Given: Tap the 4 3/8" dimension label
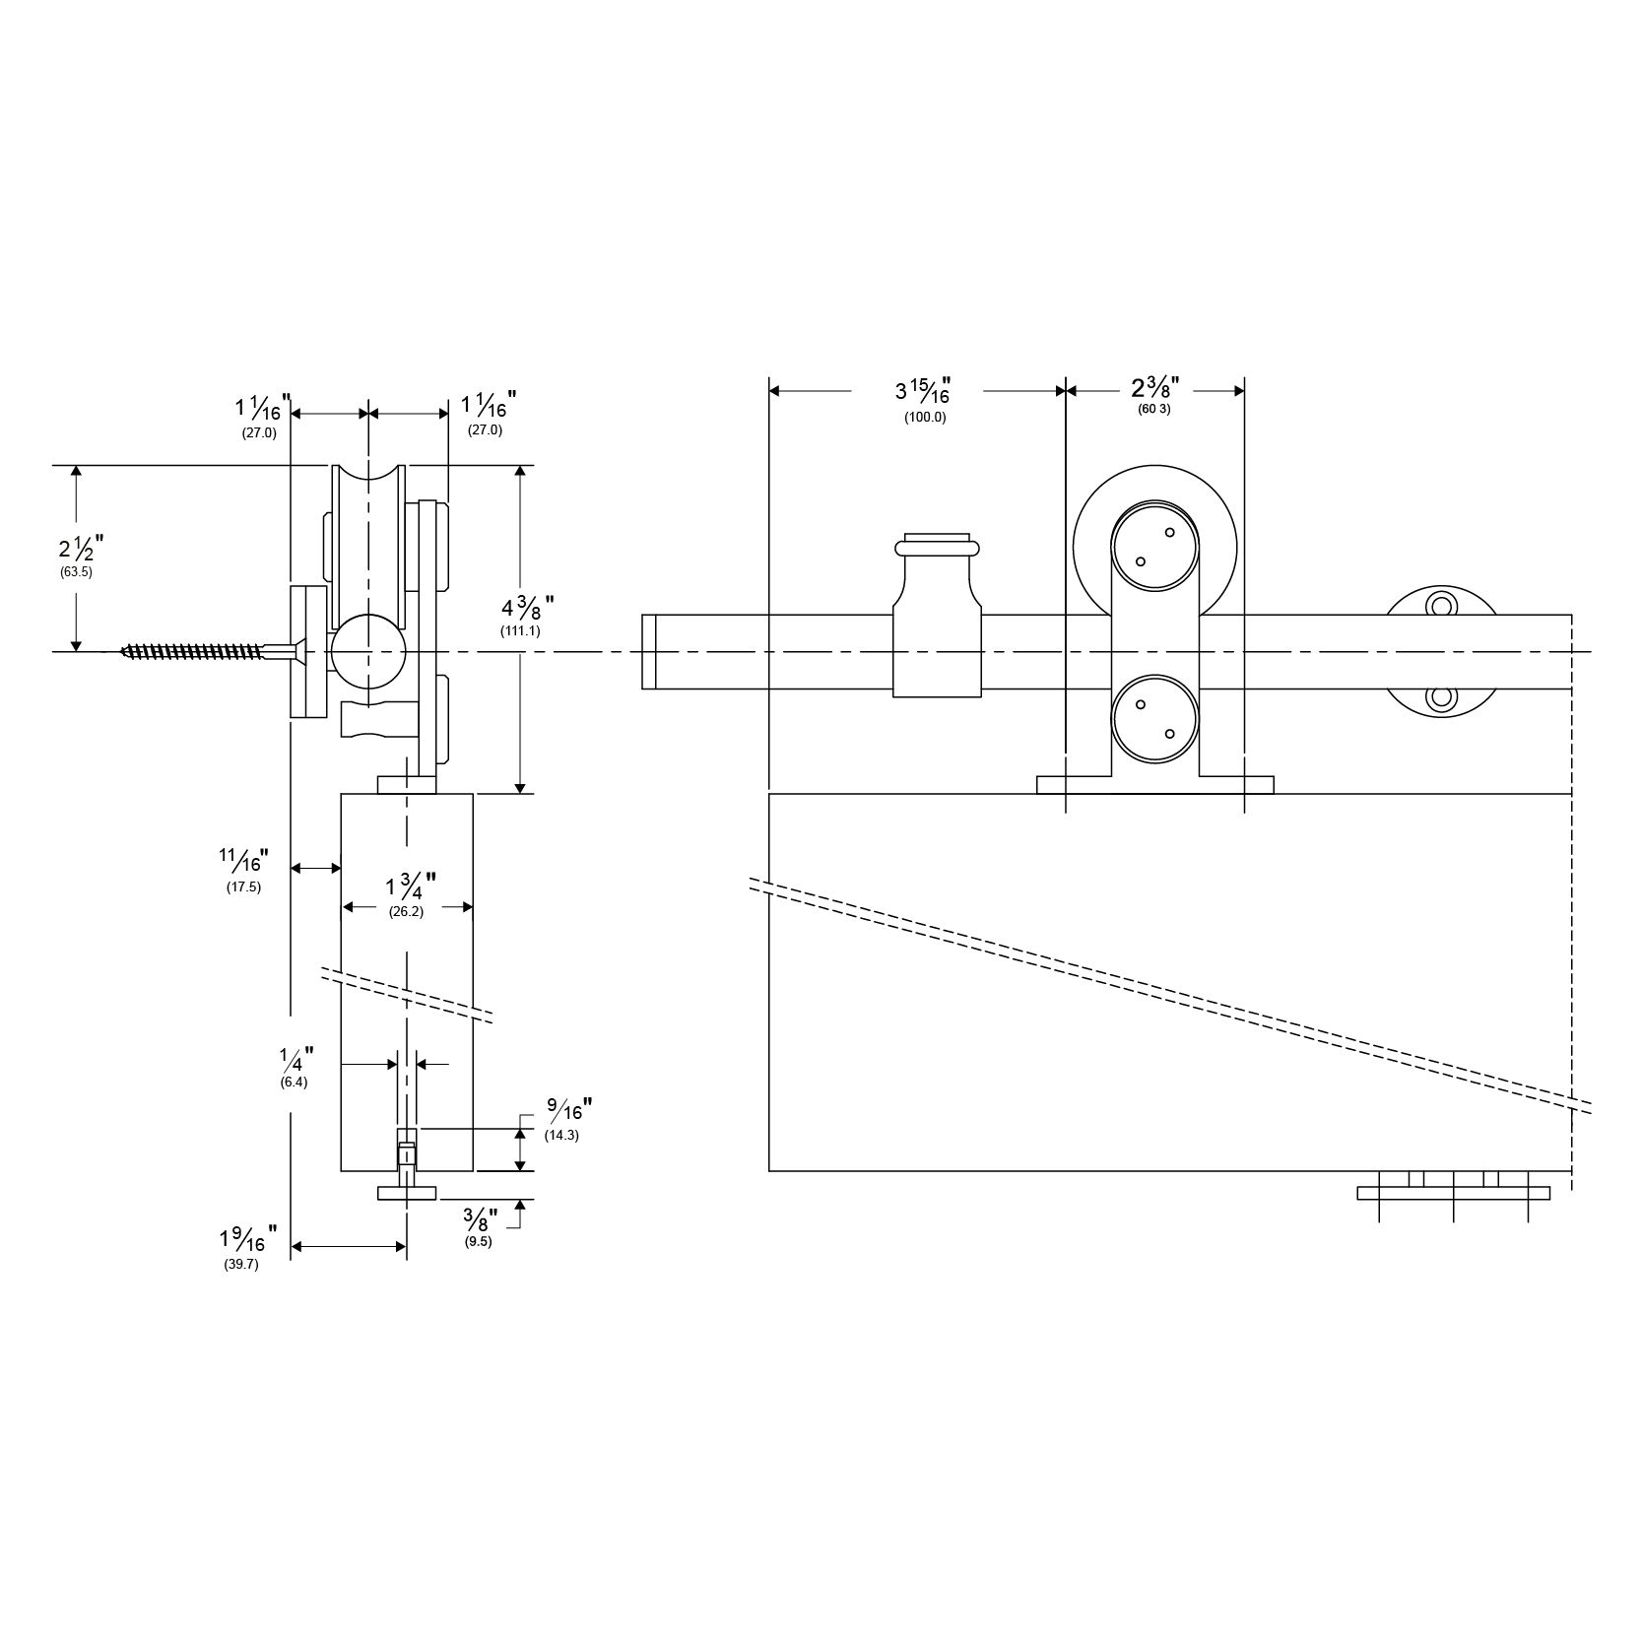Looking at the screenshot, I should [x=527, y=605].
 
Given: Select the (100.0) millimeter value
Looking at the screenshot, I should [x=925, y=417].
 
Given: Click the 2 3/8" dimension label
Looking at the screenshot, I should [x=1154, y=387].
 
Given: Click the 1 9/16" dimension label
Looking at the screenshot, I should [x=247, y=1236].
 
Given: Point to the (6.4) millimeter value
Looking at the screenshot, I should [x=294, y=1082].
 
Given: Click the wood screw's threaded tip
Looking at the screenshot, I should [x=133, y=650].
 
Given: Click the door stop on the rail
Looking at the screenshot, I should [x=937, y=621].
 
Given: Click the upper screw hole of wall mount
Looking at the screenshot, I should [x=1441, y=604].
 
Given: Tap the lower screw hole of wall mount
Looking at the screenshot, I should [x=1441, y=698].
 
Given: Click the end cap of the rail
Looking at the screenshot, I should [x=648, y=651].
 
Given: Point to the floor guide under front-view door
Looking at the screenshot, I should [x=1453, y=1192].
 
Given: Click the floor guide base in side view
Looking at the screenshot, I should [x=407, y=1193].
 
